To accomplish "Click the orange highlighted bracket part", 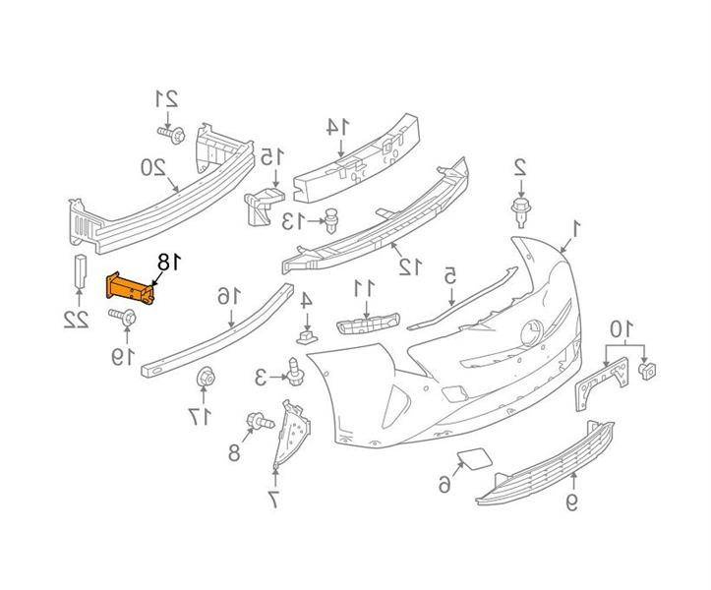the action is tap(130, 289).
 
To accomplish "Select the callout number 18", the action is tap(169, 264).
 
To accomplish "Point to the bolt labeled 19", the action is tap(122, 316).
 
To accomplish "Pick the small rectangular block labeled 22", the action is tap(81, 271).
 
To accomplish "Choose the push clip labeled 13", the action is tap(332, 221).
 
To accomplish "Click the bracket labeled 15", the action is tap(264, 206).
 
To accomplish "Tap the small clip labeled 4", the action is tap(308, 337).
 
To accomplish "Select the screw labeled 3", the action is tap(295, 372).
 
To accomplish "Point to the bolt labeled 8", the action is tap(260, 421).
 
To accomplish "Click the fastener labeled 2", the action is tap(521, 212).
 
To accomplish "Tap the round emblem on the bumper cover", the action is tap(532, 334).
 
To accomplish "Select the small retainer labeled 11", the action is tap(368, 324).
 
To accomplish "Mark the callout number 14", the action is tap(337, 127).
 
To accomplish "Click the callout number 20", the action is tap(153, 168).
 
